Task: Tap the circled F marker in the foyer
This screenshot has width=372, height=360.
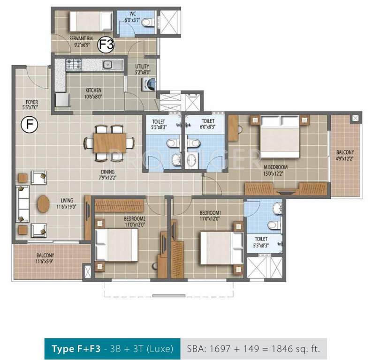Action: pyautogui.click(x=29, y=125)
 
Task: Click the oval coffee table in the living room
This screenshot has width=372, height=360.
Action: pyautogui.click(x=43, y=204)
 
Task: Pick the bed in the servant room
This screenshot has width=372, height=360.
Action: pyautogui.click(x=91, y=21)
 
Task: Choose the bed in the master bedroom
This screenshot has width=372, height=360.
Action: pyautogui.click(x=279, y=136)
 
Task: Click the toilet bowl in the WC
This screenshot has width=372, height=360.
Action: pyautogui.click(x=147, y=22)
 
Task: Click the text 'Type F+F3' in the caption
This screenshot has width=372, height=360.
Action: pyautogui.click(x=74, y=349)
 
